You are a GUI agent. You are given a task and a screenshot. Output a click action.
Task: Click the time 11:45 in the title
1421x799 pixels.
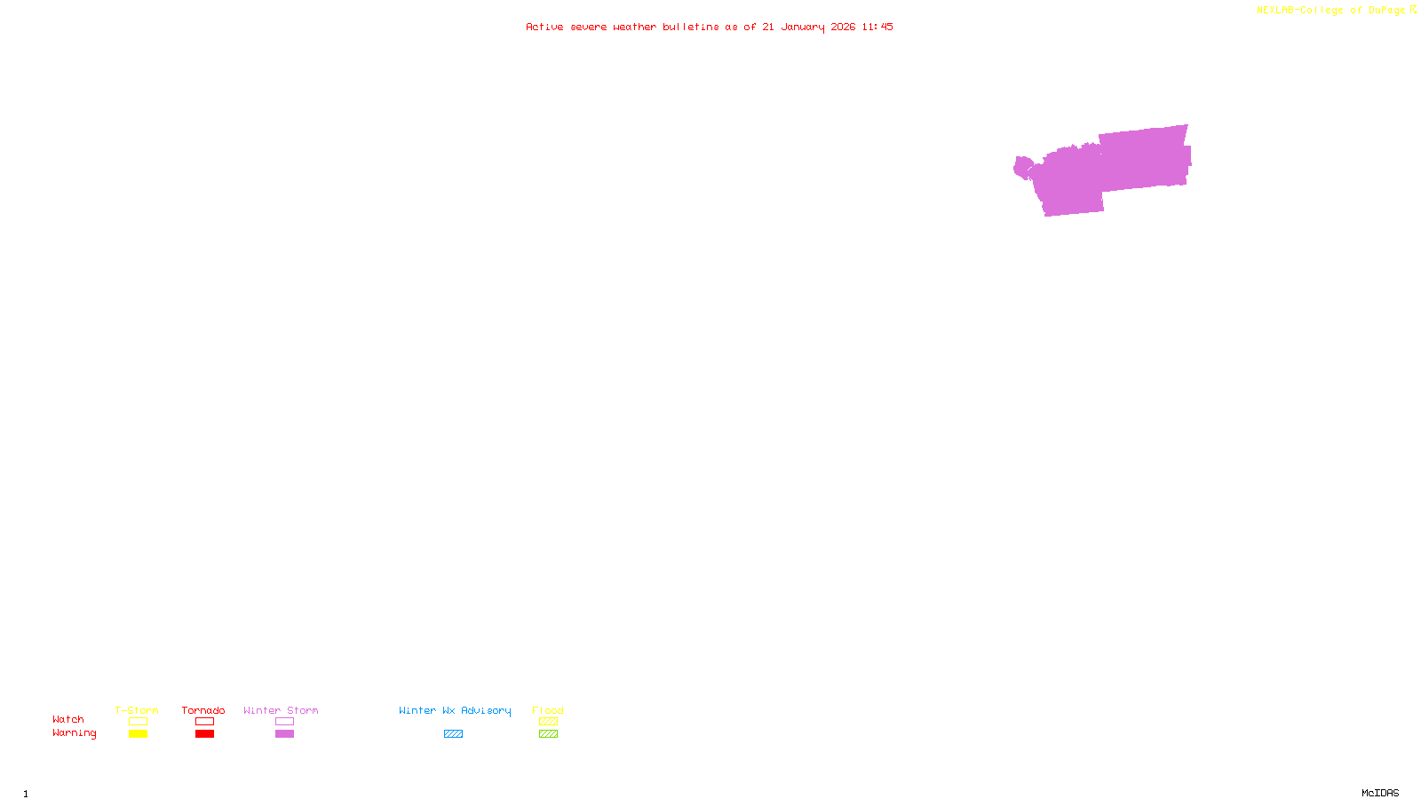click(877, 27)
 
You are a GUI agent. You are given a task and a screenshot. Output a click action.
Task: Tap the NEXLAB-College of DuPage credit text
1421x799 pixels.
click(1330, 11)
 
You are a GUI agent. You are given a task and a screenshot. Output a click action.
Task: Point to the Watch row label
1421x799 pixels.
click(68, 719)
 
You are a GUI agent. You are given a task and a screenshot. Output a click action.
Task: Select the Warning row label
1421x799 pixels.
click(74, 733)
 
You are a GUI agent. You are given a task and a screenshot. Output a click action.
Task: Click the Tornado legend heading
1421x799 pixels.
click(203, 710)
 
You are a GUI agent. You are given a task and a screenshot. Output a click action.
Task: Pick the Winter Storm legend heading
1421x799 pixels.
click(281, 710)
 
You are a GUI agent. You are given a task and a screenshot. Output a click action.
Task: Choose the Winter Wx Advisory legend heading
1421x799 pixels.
click(455, 710)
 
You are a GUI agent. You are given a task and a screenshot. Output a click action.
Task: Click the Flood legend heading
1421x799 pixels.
click(548, 710)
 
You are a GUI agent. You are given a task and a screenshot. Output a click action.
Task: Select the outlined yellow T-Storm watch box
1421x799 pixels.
click(138, 722)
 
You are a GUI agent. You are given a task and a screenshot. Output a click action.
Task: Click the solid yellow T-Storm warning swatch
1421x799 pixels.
click(138, 734)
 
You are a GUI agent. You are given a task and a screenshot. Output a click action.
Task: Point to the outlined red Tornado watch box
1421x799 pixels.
click(204, 722)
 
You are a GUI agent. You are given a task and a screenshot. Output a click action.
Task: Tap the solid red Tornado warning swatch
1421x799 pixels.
click(204, 734)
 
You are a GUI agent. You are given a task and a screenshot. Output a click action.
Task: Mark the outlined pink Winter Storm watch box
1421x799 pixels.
click(284, 722)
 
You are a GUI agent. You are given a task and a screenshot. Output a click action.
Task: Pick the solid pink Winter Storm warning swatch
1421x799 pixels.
click(284, 734)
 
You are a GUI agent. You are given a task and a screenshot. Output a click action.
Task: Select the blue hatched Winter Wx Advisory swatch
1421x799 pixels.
click(453, 734)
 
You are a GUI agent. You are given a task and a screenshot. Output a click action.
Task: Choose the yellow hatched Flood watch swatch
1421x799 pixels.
click(548, 722)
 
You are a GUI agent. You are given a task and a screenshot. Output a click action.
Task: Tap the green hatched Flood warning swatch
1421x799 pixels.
click(548, 734)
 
